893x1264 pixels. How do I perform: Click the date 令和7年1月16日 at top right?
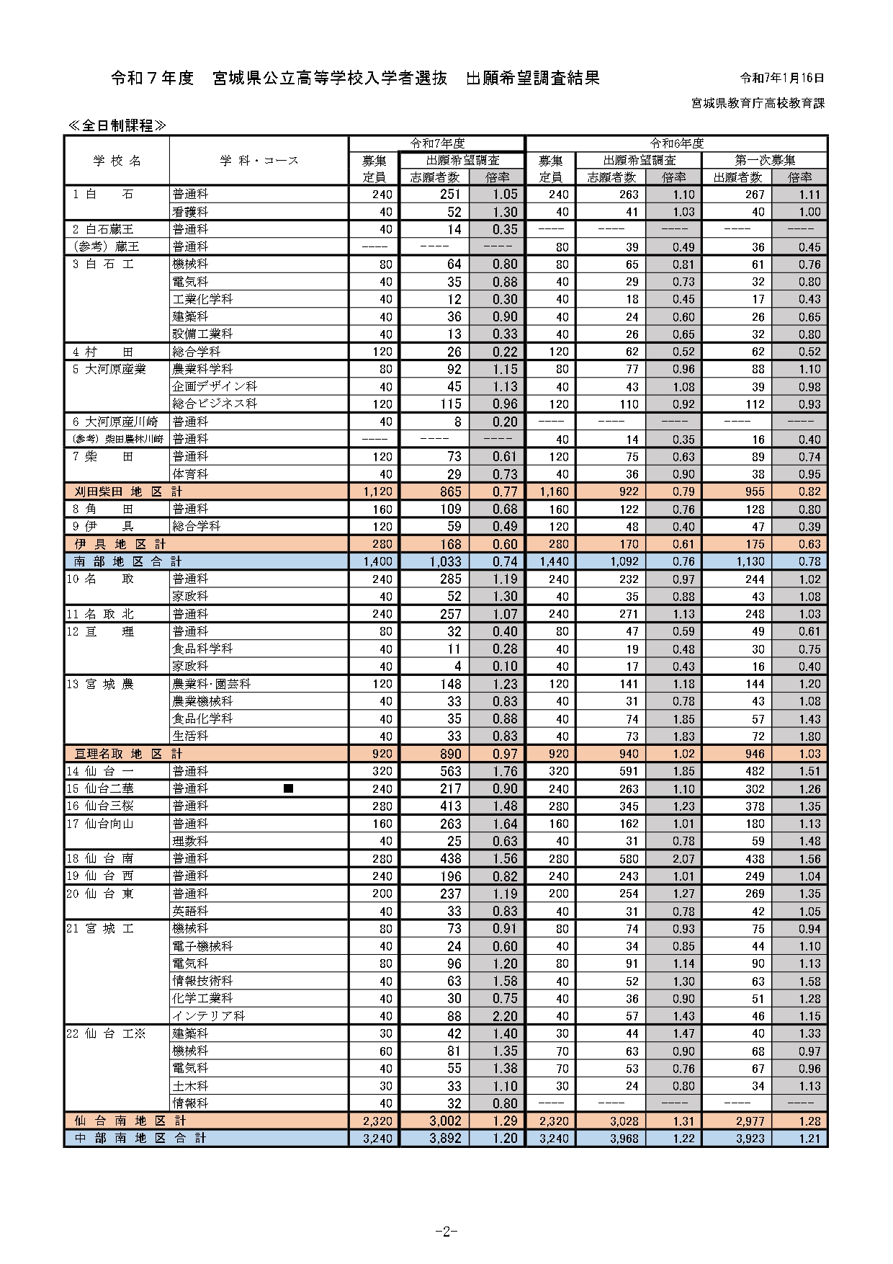click(x=782, y=78)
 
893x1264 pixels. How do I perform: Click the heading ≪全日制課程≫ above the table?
click(x=117, y=125)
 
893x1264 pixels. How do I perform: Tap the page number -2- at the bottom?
click(x=447, y=1231)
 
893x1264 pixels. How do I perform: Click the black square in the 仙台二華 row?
click(x=288, y=788)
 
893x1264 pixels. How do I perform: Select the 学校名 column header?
click(x=117, y=161)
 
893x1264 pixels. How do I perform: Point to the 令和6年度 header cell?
click(x=676, y=143)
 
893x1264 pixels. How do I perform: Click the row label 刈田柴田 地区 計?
click(x=128, y=491)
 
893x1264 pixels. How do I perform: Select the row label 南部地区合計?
click(x=128, y=561)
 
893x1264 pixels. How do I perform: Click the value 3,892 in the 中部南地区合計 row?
click(x=445, y=1139)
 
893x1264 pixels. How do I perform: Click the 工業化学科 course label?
click(x=202, y=299)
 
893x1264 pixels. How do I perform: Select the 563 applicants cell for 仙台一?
click(x=450, y=771)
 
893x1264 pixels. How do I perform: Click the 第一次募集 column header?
click(x=765, y=160)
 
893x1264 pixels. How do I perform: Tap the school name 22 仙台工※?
click(x=106, y=1033)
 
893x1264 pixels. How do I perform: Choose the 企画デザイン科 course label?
click(x=214, y=386)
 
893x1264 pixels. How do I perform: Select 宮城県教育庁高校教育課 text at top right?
click(x=758, y=103)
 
